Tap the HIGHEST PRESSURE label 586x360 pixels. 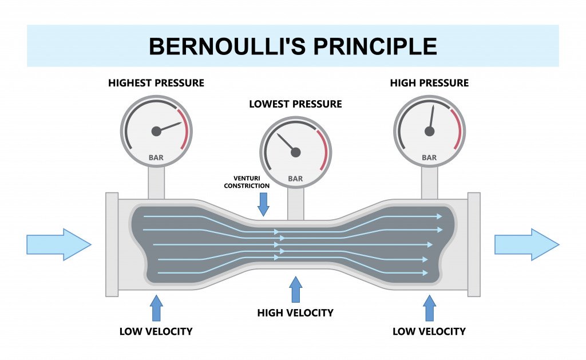[x=156, y=83]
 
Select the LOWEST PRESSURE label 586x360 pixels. [x=295, y=104]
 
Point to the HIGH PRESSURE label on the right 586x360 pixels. [x=429, y=83]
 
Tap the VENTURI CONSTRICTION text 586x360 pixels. [x=247, y=182]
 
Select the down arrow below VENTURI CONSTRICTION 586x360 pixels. [x=263, y=204]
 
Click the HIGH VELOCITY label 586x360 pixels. [x=295, y=313]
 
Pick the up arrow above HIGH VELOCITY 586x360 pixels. [x=295, y=290]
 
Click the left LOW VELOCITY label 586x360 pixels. [x=156, y=331]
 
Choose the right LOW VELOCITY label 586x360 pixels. [x=429, y=331]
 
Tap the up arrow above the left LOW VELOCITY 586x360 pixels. [x=156, y=308]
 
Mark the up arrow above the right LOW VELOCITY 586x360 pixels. [x=429, y=308]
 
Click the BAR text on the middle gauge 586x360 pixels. [x=295, y=179]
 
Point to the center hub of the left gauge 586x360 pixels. [x=156, y=131]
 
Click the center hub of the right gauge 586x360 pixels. [x=429, y=131]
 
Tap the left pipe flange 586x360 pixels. [x=112, y=244]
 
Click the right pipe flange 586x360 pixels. [x=474, y=244]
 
